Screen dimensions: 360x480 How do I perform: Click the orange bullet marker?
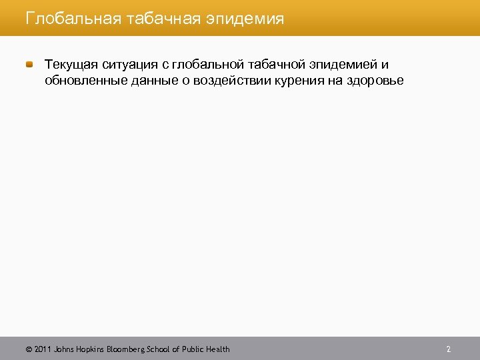click(31, 65)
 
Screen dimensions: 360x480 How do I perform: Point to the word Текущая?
click(71, 65)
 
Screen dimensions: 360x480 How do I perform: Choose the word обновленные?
click(81, 81)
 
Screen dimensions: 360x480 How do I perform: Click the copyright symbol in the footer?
click(28, 349)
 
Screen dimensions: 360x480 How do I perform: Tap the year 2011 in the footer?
click(42, 349)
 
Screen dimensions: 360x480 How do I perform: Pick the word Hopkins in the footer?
click(90, 349)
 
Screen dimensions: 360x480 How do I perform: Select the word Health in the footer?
click(218, 349)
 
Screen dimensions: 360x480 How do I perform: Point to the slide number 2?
click(449, 349)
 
